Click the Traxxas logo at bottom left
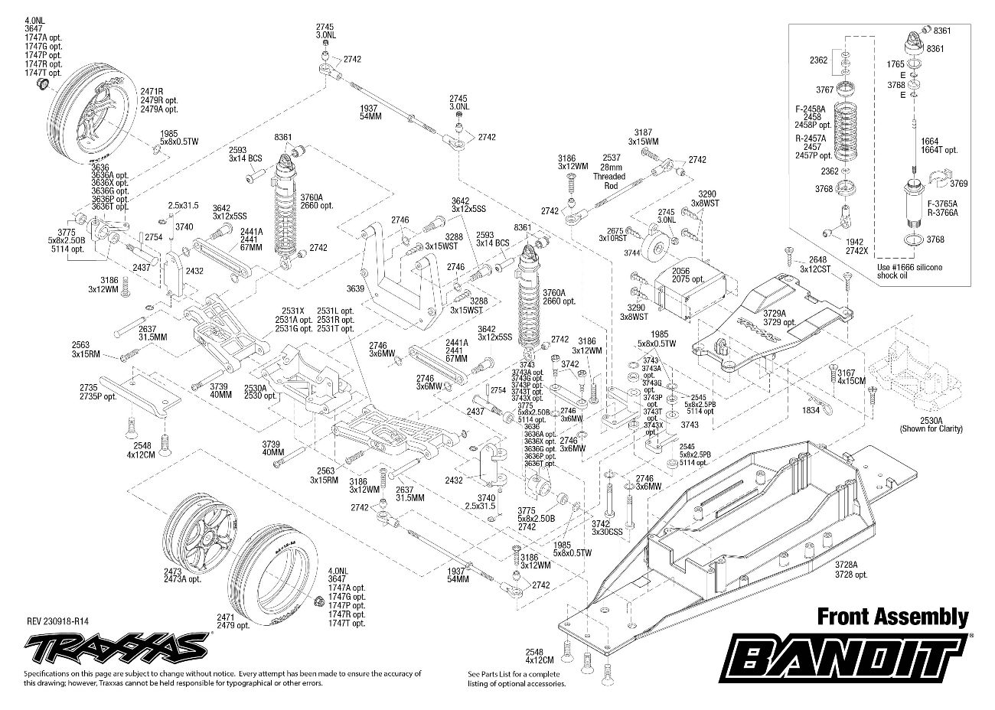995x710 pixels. pyautogui.click(x=115, y=646)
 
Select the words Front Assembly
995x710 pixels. pyautogui.click(x=892, y=617)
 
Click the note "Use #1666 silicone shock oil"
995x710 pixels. pyautogui.click(x=909, y=271)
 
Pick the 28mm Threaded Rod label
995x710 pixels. pyautogui.click(x=609, y=176)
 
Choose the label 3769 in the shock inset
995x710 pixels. pyautogui.click(x=959, y=184)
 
